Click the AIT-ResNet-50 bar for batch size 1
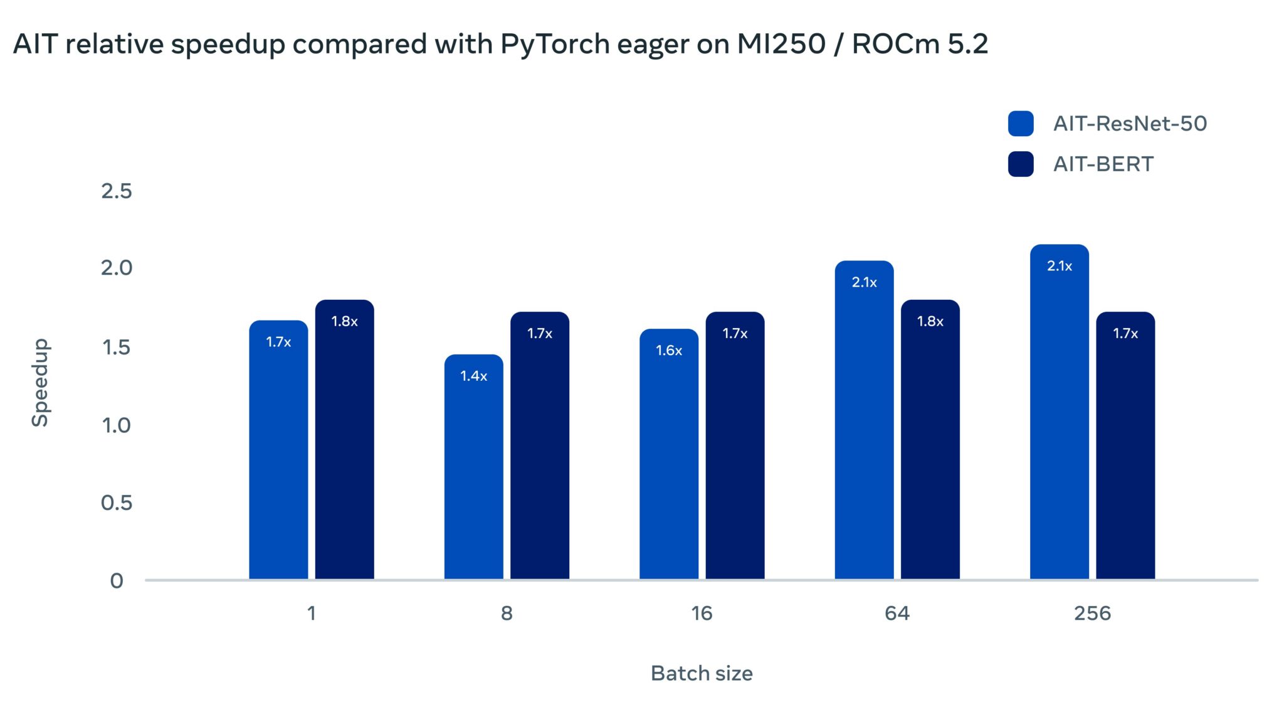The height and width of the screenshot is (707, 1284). (x=278, y=452)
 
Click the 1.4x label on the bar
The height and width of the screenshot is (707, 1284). (x=473, y=376)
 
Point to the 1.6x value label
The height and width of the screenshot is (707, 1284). (x=668, y=350)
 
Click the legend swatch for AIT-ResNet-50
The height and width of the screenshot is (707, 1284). (x=1020, y=124)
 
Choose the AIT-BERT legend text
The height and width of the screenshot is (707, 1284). (x=1103, y=164)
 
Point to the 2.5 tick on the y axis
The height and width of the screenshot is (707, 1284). (x=117, y=191)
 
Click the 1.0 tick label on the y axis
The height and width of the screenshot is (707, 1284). (x=117, y=425)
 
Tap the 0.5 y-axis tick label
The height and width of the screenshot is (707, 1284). (x=117, y=502)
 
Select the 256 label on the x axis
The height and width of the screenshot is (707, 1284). (x=1092, y=613)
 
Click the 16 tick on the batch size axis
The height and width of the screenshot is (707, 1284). (x=702, y=613)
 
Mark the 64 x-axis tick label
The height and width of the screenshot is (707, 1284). (x=897, y=613)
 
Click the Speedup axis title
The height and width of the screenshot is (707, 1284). (x=40, y=383)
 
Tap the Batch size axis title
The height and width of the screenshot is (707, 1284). (x=702, y=673)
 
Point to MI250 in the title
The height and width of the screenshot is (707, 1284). (x=781, y=44)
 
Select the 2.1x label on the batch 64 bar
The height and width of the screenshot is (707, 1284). (x=864, y=282)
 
